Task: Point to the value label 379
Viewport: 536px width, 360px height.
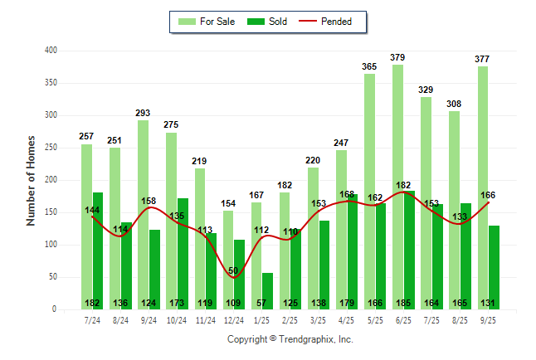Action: click(x=398, y=57)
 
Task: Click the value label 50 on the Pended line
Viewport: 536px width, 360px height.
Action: click(x=233, y=271)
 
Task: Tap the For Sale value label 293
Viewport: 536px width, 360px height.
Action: click(x=144, y=113)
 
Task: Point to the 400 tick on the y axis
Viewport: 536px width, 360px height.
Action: click(x=51, y=51)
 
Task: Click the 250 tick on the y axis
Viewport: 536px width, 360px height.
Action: click(x=51, y=148)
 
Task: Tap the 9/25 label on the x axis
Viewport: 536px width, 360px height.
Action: click(x=488, y=320)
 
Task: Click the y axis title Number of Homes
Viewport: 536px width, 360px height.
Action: click(x=31, y=180)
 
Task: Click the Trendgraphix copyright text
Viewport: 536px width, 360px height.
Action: click(x=290, y=339)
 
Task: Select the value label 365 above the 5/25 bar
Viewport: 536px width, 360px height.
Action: click(x=370, y=66)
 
